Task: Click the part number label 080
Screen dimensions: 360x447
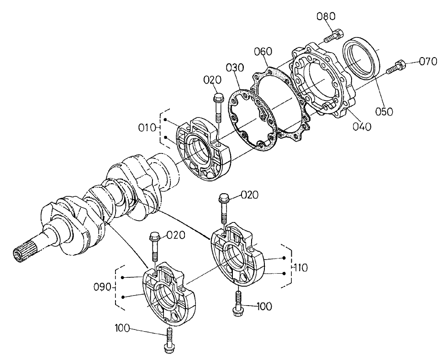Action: (x=326, y=17)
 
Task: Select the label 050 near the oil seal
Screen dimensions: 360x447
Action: (x=385, y=111)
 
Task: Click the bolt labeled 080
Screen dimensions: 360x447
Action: (x=335, y=35)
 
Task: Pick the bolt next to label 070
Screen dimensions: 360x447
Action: (x=395, y=67)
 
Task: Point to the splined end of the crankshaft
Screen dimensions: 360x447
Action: (x=19, y=254)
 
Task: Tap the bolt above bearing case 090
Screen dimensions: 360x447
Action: (x=154, y=247)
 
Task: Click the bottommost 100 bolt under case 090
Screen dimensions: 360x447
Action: (x=168, y=340)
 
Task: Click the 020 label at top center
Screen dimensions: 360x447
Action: (x=212, y=80)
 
